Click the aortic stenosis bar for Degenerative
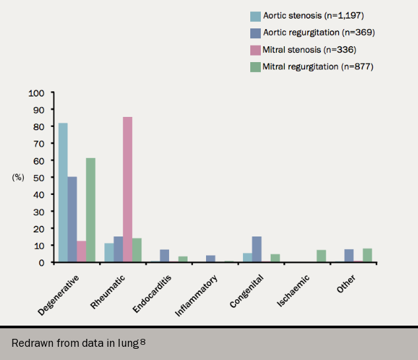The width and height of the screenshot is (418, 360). [63, 192]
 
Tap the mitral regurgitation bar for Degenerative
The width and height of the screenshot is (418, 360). [90, 210]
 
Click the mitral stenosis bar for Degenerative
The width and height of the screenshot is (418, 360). [81, 252]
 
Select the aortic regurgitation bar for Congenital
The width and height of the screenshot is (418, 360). [257, 249]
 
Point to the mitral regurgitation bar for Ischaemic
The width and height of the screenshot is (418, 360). [322, 256]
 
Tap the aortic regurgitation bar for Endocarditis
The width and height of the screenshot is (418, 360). [164, 256]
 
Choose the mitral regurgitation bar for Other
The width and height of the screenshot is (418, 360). [367, 255]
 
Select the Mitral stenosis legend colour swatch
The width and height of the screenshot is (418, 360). [255, 50]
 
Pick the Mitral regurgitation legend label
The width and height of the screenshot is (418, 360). [318, 66]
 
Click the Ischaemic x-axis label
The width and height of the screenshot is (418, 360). [291, 291]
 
